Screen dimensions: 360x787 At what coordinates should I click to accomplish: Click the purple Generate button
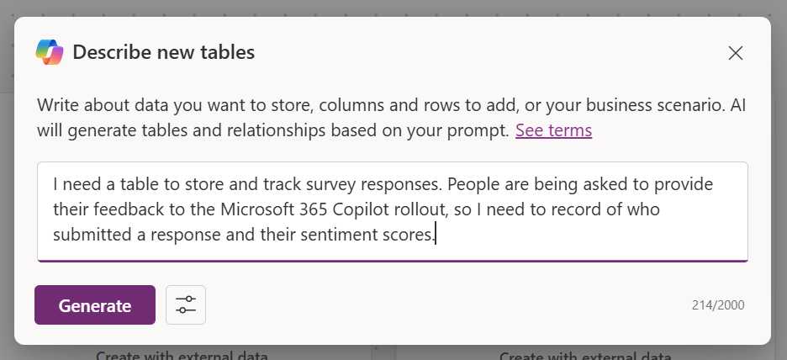pyautogui.click(x=95, y=304)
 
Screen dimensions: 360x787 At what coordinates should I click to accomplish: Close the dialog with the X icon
pyautogui.click(x=736, y=53)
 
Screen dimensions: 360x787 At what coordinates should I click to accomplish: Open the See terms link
pyautogui.click(x=553, y=130)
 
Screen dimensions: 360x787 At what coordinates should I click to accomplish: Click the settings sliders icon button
pyautogui.click(x=186, y=304)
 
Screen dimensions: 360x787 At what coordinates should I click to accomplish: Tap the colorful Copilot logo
pyautogui.click(x=50, y=52)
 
